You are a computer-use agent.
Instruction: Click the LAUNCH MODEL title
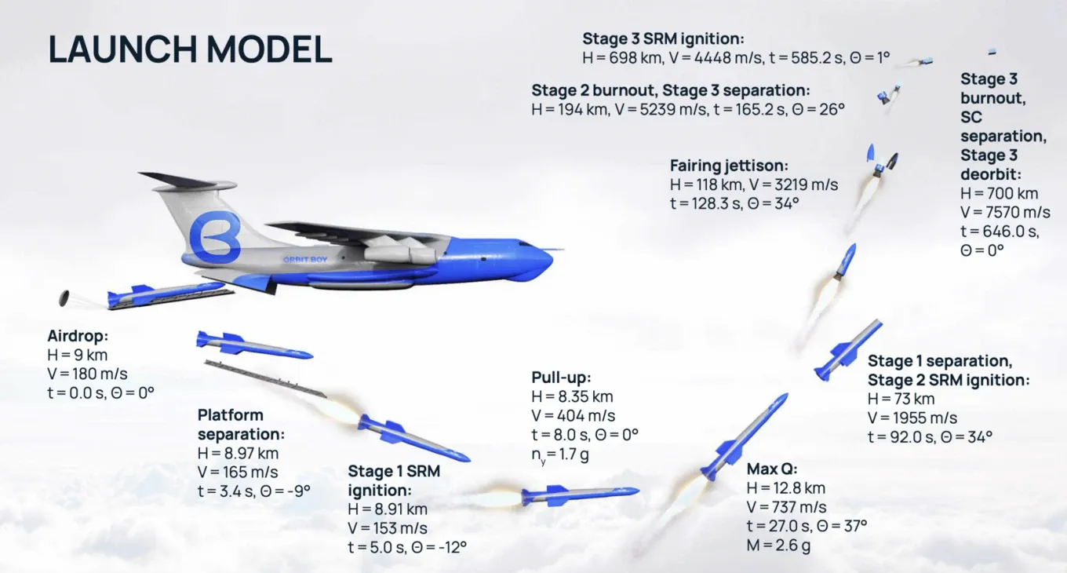[190, 49]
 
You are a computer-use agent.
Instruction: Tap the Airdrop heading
[78, 336]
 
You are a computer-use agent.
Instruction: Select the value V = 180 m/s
[87, 374]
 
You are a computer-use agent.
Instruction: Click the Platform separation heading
[241, 425]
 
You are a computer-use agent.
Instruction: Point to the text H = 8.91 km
[388, 509]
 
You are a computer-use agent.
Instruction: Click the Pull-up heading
[561, 378]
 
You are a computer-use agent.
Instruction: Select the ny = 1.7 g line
[560, 454]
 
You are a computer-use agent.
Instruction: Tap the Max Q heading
[772, 469]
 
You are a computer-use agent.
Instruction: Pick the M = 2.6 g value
[778, 545]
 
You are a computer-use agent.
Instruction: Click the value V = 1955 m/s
[912, 418]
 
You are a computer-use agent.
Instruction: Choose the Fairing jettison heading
[730, 166]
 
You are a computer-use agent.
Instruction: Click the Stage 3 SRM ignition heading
[663, 38]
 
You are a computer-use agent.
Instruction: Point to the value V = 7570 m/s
[1005, 212]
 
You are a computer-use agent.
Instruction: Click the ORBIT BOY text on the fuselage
[305, 260]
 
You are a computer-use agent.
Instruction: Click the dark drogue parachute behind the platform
[64, 298]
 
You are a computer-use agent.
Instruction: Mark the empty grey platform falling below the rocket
[266, 379]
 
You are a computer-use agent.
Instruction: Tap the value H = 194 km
[570, 110]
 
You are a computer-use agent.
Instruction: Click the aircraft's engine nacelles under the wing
[400, 251]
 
